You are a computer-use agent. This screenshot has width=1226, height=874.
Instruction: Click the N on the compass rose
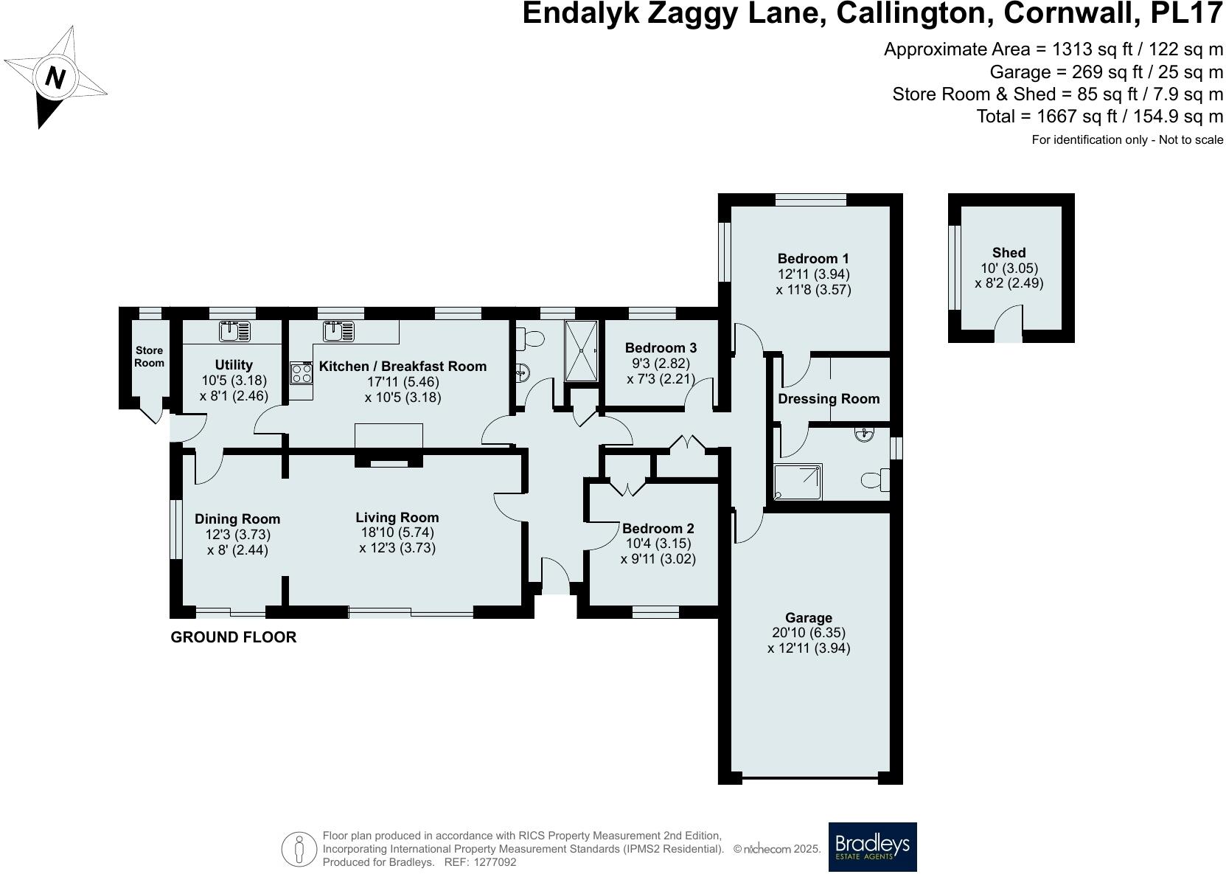click(x=54, y=77)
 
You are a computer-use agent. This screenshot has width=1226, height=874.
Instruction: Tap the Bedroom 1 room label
click(x=813, y=258)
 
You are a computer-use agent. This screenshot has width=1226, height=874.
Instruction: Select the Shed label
click(x=1009, y=253)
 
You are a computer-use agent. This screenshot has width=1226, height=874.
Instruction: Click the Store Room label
click(x=149, y=356)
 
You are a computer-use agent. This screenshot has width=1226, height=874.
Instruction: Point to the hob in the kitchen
click(x=302, y=373)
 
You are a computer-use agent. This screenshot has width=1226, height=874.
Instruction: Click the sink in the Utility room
click(x=234, y=331)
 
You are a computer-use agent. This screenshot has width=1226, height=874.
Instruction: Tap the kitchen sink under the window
click(x=338, y=331)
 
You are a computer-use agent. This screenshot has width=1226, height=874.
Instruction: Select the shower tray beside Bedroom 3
click(x=582, y=351)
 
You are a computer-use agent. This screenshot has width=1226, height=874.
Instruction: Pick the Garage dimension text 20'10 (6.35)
click(x=809, y=633)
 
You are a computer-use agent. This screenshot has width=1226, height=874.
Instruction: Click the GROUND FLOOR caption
click(x=234, y=637)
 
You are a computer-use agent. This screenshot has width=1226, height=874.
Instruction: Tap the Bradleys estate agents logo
click(x=872, y=847)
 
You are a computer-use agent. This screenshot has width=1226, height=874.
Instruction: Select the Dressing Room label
click(x=829, y=399)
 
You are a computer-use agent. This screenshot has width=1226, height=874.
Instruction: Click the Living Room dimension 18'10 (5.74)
click(x=397, y=533)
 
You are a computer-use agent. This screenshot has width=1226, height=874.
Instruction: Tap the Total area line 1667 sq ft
click(x=1099, y=117)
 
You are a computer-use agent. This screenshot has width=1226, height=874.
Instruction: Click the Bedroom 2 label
click(x=658, y=528)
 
